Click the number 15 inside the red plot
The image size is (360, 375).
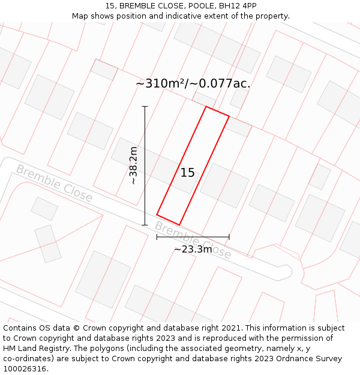187,173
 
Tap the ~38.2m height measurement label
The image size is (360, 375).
133,165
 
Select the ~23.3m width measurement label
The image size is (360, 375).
193,249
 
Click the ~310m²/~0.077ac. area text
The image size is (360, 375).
193,83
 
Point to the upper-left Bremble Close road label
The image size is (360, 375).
54,183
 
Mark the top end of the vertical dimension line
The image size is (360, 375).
145,106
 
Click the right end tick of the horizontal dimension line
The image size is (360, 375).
229,237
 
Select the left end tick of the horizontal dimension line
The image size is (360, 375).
157,237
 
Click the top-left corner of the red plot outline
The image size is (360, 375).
206,107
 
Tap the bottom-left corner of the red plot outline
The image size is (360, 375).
157,214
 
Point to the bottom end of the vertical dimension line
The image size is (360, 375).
145,225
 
